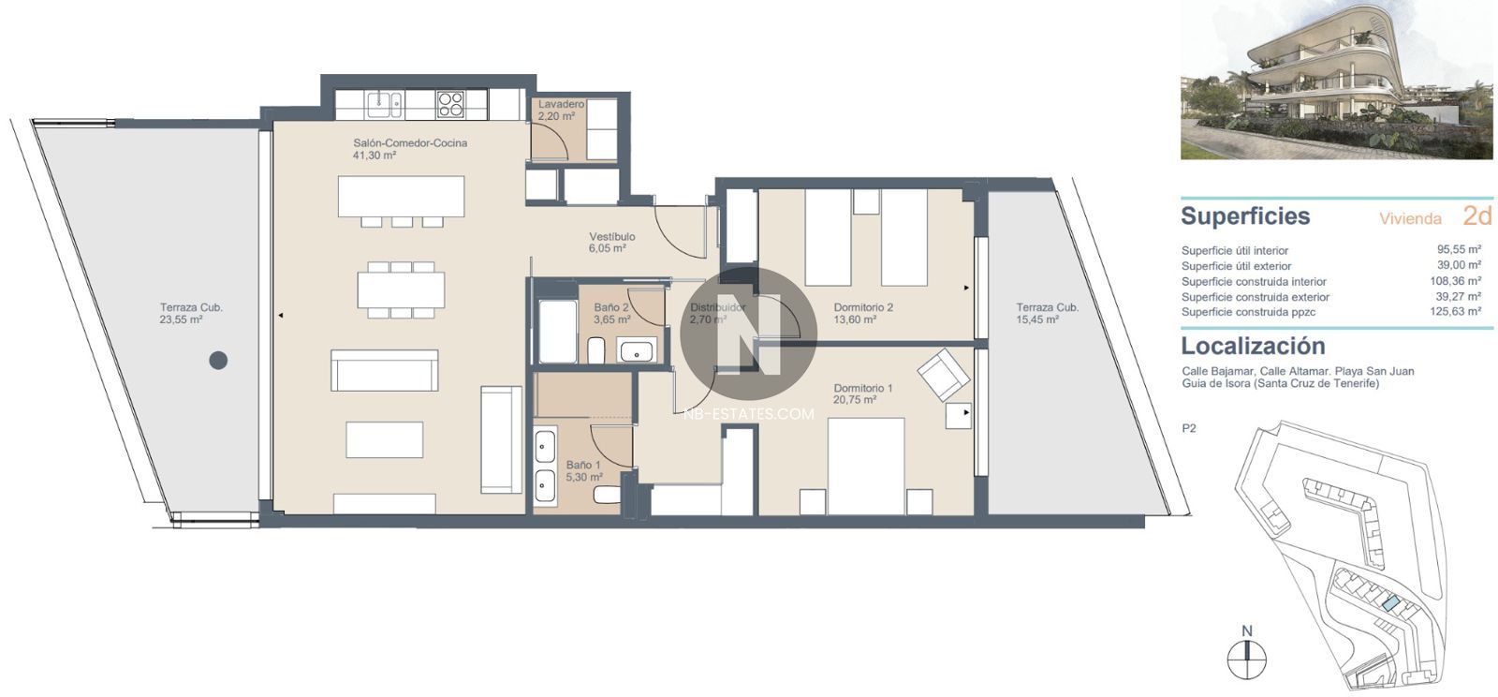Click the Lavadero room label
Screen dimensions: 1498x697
(561, 104)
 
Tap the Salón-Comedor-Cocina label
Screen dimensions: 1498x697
(410, 143)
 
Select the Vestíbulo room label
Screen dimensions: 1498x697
(612, 237)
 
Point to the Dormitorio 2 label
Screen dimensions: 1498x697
(863, 307)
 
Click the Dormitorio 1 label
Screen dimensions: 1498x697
(863, 388)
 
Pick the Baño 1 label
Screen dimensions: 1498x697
(583, 465)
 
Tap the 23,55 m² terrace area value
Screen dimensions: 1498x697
(182, 319)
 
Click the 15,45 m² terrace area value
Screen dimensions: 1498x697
(1037, 319)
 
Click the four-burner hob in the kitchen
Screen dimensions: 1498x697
(450, 105)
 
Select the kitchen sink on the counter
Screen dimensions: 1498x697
(384, 105)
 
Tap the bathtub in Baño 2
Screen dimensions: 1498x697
(558, 331)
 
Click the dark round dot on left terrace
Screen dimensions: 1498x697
(218, 361)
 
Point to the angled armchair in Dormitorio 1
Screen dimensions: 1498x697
(944, 375)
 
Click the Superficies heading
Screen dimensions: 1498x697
(1245, 216)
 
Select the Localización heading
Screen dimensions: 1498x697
(1254, 346)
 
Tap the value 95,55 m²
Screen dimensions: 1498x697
(1460, 249)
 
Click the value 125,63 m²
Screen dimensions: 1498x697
(1456, 311)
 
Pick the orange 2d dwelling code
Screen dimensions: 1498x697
(1477, 216)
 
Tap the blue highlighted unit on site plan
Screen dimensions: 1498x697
(1386, 604)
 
